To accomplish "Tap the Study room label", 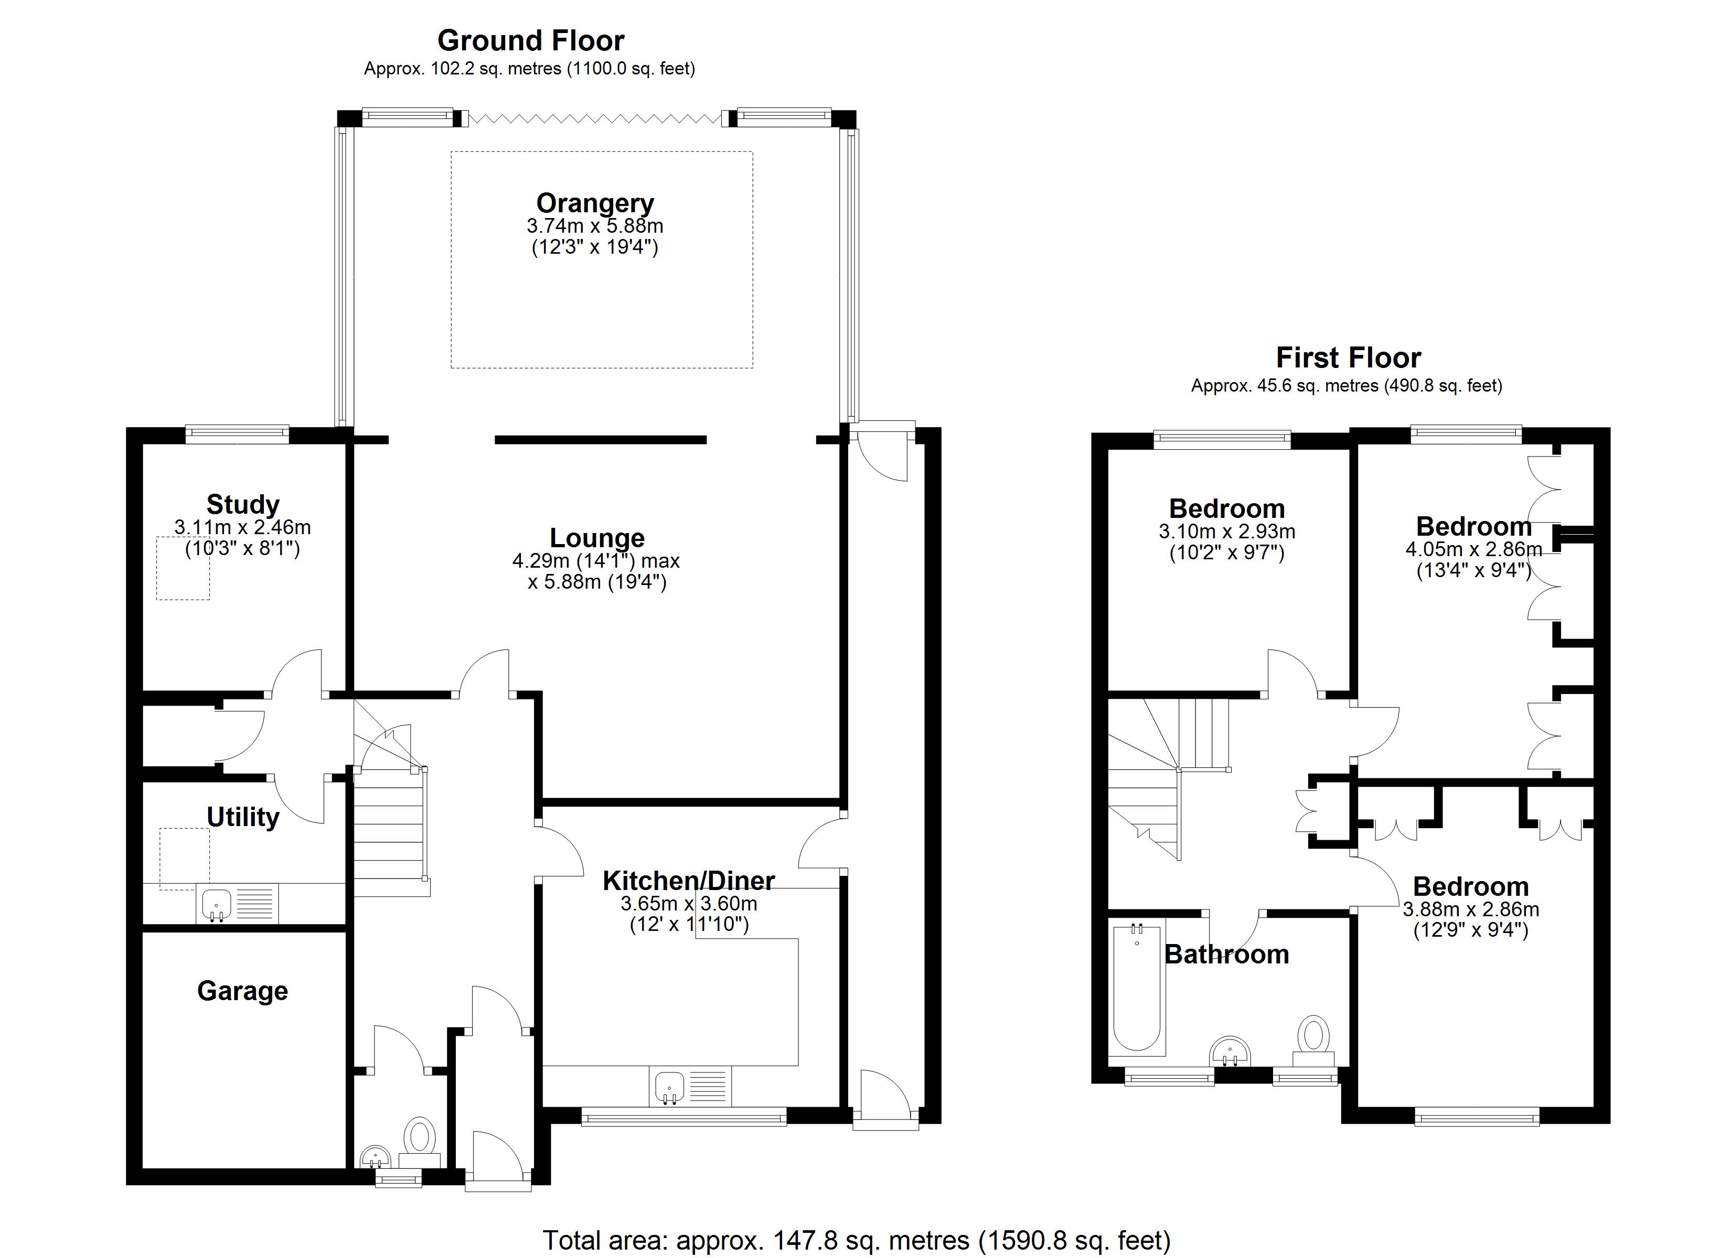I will [243, 504].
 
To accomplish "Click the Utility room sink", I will [217, 905].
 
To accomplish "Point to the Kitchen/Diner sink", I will [669, 1087].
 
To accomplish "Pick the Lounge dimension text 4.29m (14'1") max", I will [595, 561].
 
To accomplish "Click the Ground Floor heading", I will [530, 40].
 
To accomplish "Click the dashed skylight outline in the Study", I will [183, 568].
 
